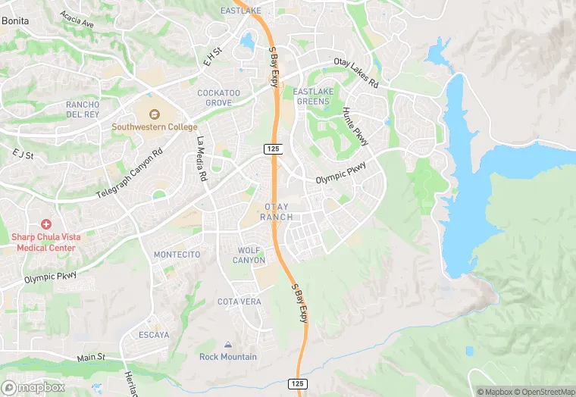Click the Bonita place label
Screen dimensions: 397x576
[x=15, y=21]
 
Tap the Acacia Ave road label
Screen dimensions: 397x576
[x=77, y=20]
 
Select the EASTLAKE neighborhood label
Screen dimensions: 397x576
[x=240, y=11]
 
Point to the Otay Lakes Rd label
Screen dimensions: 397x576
[x=355, y=73]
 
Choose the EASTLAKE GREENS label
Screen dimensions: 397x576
[x=311, y=96]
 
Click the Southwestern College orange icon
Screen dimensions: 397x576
[x=155, y=114]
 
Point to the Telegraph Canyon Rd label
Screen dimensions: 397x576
[x=130, y=173]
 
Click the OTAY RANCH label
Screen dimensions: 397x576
[x=276, y=212]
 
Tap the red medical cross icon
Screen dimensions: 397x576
[x=45, y=224]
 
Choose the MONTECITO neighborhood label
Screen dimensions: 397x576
[x=177, y=255]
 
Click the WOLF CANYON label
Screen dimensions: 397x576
[x=252, y=255]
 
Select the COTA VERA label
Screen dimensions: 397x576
[x=239, y=302]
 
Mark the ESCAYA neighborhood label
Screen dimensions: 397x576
[x=154, y=334]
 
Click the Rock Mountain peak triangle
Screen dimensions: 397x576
[x=228, y=345]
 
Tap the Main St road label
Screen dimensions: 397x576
[x=90, y=358]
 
